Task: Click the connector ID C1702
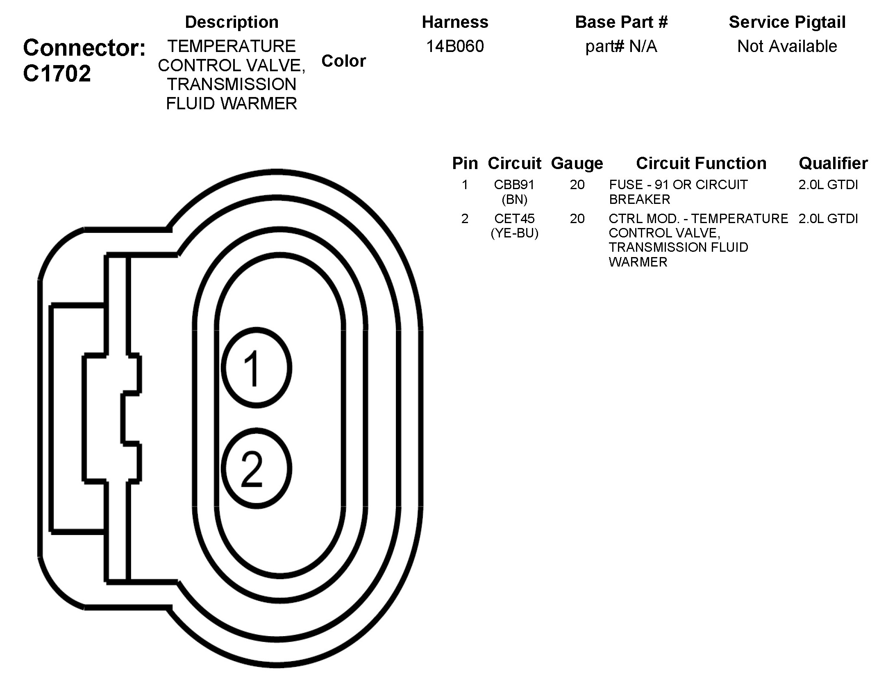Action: point(57,74)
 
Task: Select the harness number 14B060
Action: point(455,46)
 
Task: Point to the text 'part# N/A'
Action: point(621,47)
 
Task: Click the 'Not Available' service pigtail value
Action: point(787,46)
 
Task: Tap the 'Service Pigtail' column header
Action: point(787,22)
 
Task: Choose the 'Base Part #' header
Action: point(621,22)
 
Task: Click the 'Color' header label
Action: point(343,61)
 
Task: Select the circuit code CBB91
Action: point(514,185)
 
